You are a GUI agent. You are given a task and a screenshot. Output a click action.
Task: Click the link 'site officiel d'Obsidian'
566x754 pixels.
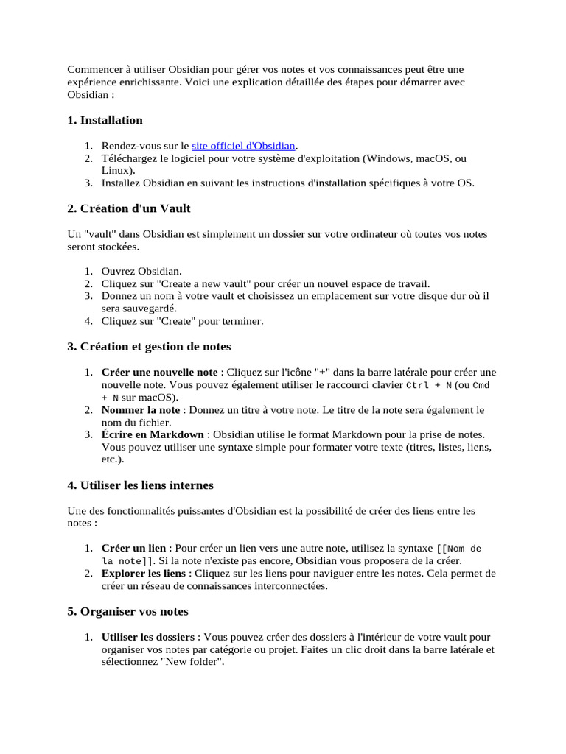point(243,147)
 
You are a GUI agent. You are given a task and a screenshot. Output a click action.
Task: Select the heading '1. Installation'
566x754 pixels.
point(105,120)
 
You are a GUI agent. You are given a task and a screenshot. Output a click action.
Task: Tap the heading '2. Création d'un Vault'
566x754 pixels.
point(129,208)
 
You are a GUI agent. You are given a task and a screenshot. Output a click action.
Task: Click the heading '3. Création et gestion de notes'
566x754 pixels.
point(149,346)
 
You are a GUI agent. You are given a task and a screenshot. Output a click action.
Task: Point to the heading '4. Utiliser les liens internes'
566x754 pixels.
point(140,485)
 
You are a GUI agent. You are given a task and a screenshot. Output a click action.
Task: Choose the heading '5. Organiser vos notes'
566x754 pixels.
point(127,611)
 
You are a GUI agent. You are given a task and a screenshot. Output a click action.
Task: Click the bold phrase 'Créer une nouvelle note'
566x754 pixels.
point(160,372)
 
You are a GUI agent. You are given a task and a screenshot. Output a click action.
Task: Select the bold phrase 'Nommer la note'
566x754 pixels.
point(141,410)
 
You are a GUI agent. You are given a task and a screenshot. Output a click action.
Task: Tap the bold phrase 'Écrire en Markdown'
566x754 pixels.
point(154,435)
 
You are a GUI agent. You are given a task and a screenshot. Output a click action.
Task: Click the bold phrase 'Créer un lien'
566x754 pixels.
point(134,549)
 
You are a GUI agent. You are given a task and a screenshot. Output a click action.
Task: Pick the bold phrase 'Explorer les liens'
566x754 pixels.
point(144,574)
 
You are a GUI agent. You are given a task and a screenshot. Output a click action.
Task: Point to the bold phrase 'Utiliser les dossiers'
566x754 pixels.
point(148,637)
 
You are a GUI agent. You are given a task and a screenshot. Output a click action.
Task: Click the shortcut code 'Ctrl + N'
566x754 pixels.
point(429,385)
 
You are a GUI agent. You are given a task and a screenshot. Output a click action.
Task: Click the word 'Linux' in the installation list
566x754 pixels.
point(116,170)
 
